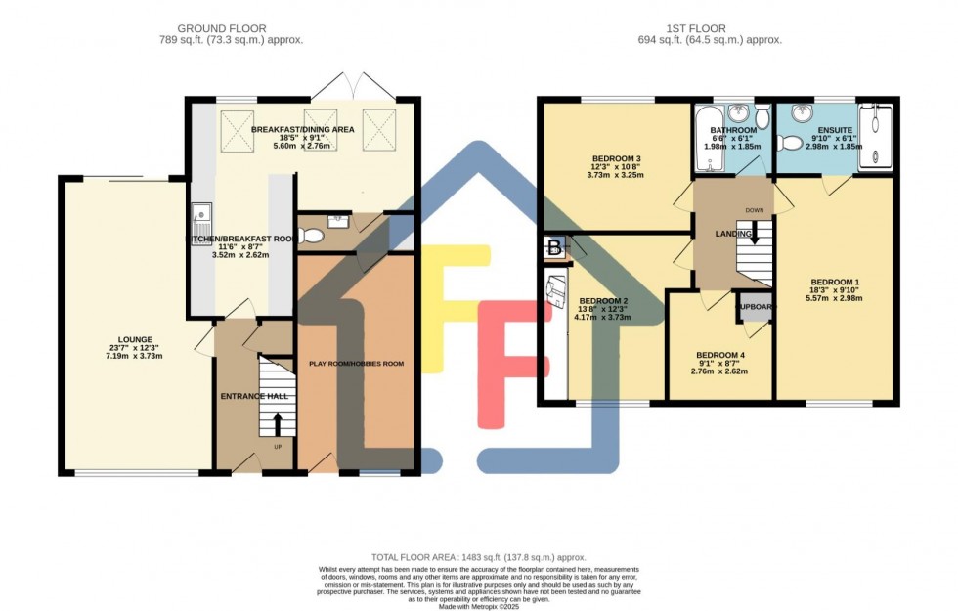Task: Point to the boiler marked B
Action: point(553,247)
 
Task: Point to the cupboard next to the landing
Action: point(755,306)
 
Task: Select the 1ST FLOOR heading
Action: point(717,28)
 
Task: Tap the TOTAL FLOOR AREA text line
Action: point(479,554)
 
